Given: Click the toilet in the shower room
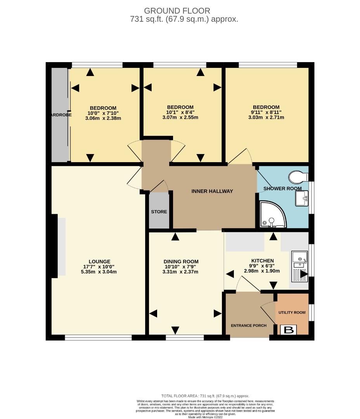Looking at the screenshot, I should pyautogui.click(x=298, y=177).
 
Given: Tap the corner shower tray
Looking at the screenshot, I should pyautogui.click(x=272, y=215).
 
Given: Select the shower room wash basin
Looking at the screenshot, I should pyautogui.click(x=302, y=199).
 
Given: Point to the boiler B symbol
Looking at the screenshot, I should pyautogui.click(x=289, y=330).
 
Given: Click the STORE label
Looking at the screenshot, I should pyautogui.click(x=159, y=212).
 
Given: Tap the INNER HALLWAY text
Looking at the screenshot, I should pyautogui.click(x=212, y=191).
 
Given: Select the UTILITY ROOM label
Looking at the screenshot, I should pyautogui.click(x=292, y=312).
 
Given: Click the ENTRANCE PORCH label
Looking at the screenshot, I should pyautogui.click(x=249, y=326).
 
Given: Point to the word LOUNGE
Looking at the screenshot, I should pyautogui.click(x=99, y=261).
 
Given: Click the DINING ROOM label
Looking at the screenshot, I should pyautogui.click(x=181, y=261).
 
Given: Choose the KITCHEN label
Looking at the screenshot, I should pyautogui.click(x=263, y=261).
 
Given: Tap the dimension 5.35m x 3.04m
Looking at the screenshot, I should pyautogui.click(x=99, y=272).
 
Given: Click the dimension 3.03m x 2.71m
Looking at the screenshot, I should pyautogui.click(x=266, y=118).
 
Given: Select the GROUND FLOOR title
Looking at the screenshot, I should pyautogui.click(x=177, y=11).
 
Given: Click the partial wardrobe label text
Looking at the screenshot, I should pyautogui.click(x=61, y=115).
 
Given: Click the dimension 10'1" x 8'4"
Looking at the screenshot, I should pyautogui.click(x=180, y=113).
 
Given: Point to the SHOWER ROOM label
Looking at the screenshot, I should pyautogui.click(x=282, y=189).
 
